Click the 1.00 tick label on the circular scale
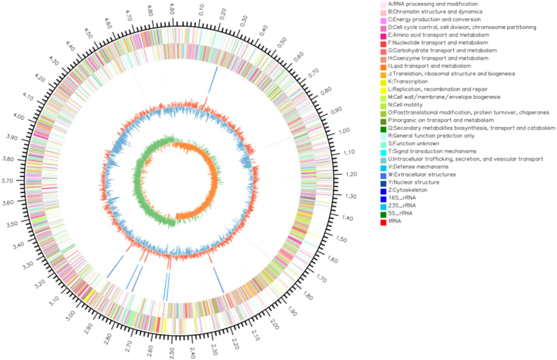click(x=344, y=131)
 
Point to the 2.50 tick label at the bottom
click(x=172, y=353)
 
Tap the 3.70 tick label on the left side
click(x=12, y=180)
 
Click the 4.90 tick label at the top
click(x=172, y=9)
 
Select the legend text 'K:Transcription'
click(x=407, y=82)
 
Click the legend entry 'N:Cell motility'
click(x=405, y=105)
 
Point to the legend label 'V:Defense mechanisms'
click(x=418, y=167)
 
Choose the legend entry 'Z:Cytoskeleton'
click(x=407, y=190)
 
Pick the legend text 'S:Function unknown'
click(x=414, y=144)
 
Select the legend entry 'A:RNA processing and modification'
click(x=433, y=4)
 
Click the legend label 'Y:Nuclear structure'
click(x=413, y=183)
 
